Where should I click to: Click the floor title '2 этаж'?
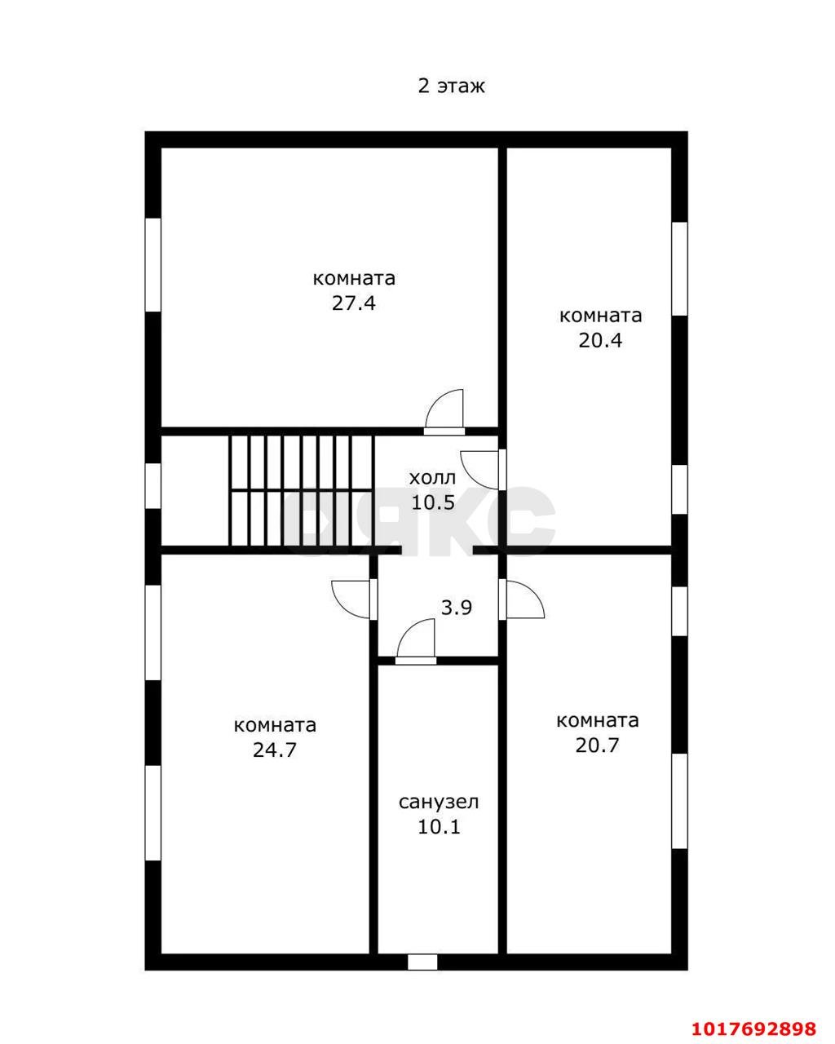pyautogui.click(x=451, y=86)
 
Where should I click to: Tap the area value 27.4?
pyautogui.click(x=354, y=303)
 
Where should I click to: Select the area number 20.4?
pyautogui.click(x=600, y=341)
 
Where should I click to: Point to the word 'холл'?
pyautogui.click(x=432, y=478)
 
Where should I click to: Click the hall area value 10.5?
pyautogui.click(x=433, y=502)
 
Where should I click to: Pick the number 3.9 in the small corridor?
pyautogui.click(x=456, y=608)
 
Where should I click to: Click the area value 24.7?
pyautogui.click(x=275, y=750)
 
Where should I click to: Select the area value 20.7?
pyautogui.click(x=597, y=745)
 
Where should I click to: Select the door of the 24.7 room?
pyautogui.click(x=354, y=599)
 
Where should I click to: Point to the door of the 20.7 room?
pyautogui.click(x=522, y=599)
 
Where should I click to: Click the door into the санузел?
pyautogui.click(x=416, y=642)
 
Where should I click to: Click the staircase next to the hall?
pyautogui.click(x=301, y=490)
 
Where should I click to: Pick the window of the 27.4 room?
pyautogui.click(x=152, y=265)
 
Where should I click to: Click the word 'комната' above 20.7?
pyautogui.click(x=597, y=720)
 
